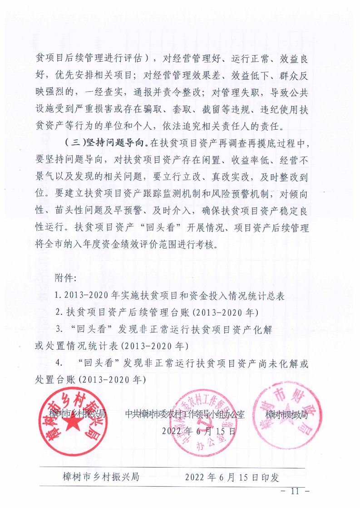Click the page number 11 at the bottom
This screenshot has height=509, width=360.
click(x=295, y=491)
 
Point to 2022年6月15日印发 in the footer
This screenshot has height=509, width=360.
click(x=232, y=478)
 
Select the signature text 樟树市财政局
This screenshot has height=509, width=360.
click(x=286, y=414)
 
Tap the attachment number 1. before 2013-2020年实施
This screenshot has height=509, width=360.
click(x=58, y=295)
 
